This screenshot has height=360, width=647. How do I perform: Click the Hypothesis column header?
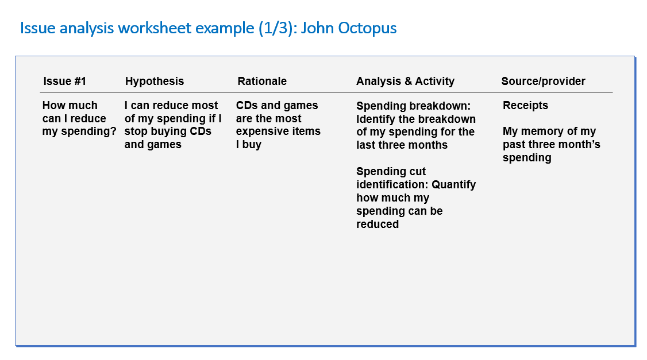click(x=155, y=82)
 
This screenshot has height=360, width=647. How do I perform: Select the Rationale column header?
click(x=262, y=81)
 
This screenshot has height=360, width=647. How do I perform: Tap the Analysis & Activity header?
click(x=405, y=82)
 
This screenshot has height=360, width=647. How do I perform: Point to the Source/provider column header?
click(x=543, y=81)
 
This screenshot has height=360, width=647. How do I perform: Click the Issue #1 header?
click(x=64, y=81)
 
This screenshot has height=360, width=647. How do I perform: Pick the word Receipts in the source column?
click(x=525, y=106)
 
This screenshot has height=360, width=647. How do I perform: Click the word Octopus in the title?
click(x=367, y=28)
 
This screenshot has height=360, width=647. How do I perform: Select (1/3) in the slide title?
click(x=275, y=28)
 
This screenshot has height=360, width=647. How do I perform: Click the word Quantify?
click(x=453, y=185)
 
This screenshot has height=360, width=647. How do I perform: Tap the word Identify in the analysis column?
click(x=375, y=119)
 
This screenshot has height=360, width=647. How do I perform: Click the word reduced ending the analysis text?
click(x=378, y=224)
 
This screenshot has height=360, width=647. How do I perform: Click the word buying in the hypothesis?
click(x=160, y=132)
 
